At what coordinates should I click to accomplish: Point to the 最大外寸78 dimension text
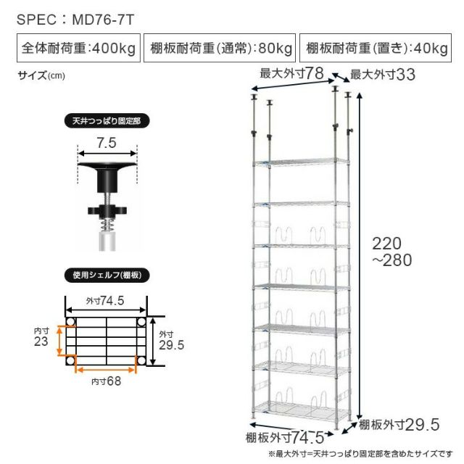[291, 73]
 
